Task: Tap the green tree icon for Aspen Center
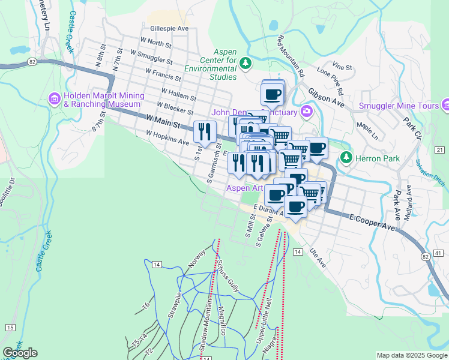click(245, 62)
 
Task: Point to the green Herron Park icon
click(346, 157)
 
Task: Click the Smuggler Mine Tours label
click(399, 106)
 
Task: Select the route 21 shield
click(439, 149)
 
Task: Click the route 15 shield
click(10, 327)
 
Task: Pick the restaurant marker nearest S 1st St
click(205, 131)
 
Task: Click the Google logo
click(20, 353)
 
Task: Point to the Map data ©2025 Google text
click(412, 355)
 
